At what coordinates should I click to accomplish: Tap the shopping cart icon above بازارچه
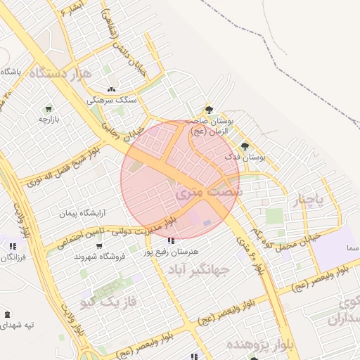[49, 109]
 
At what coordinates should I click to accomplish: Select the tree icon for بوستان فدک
[245, 146]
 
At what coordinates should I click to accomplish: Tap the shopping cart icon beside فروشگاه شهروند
[99, 246]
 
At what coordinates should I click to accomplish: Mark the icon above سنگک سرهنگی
[111, 89]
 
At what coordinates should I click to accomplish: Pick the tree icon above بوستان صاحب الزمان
[208, 109]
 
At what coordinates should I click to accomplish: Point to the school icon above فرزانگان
[13, 246]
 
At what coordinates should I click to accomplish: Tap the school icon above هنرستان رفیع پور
[172, 240]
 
